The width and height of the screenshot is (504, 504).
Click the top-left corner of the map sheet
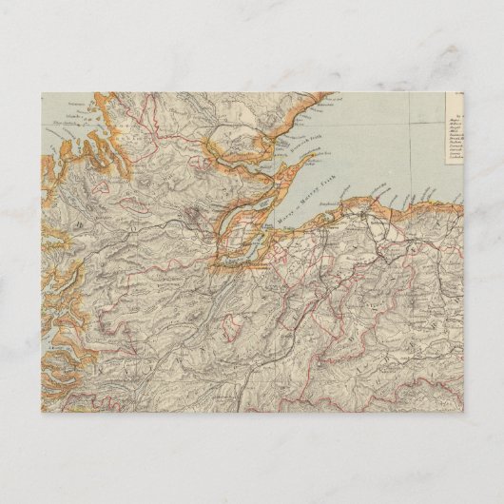pyautogui.click(x=41, y=92)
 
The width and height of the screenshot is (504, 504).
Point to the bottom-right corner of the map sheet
pyautogui.click(x=463, y=411)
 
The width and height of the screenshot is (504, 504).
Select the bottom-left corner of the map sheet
pyautogui.click(x=41, y=411)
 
